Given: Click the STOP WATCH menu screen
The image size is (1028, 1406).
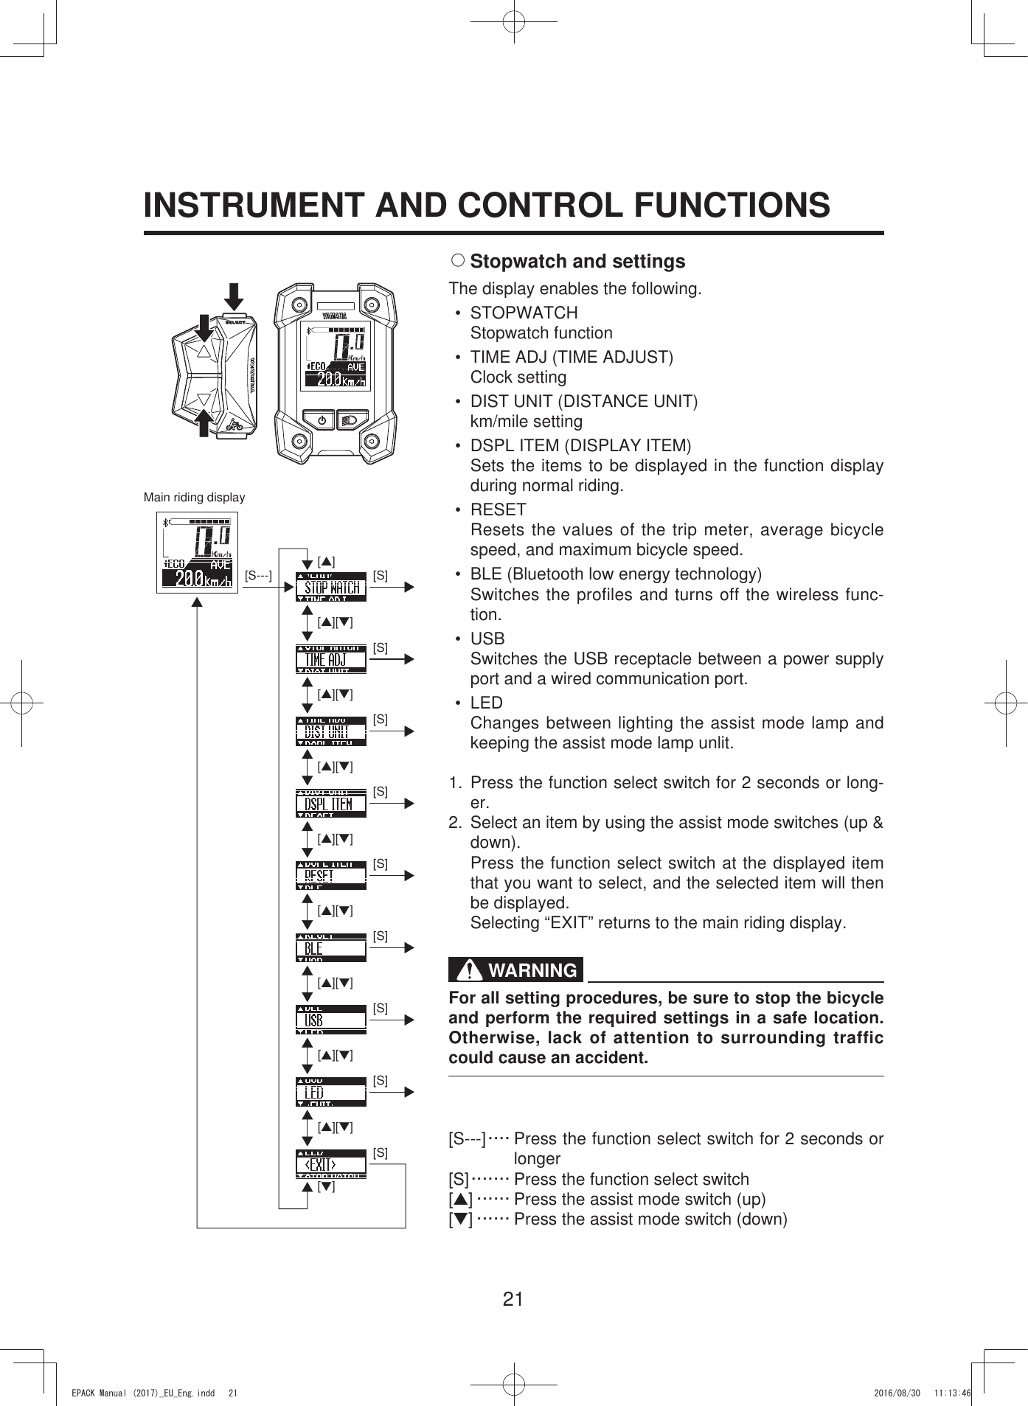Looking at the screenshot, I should (x=330, y=587).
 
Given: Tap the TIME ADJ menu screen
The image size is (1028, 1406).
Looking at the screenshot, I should (x=330, y=659).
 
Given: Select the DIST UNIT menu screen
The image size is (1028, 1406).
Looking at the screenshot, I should (x=330, y=731).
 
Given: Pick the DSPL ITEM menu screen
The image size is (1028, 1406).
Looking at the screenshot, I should (x=330, y=804).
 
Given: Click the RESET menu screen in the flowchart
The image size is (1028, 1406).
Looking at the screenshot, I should (x=330, y=876).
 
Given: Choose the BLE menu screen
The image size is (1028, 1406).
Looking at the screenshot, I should (x=330, y=948).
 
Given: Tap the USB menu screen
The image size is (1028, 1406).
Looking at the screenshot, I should (x=330, y=1020).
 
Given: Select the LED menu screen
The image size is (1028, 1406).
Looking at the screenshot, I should (x=330, y=1093).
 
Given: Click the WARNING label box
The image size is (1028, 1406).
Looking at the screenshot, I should (x=515, y=970).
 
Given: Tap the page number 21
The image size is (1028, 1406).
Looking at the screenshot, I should (x=513, y=1298).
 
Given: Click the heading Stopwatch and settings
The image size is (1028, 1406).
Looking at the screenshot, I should (x=577, y=261).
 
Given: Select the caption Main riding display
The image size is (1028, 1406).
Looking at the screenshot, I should (x=194, y=498).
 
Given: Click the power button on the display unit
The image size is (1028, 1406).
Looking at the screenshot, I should (x=320, y=420).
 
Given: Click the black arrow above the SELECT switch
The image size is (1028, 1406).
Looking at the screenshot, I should (x=234, y=296).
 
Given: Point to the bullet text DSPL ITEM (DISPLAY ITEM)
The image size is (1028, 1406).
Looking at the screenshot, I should (x=580, y=445).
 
